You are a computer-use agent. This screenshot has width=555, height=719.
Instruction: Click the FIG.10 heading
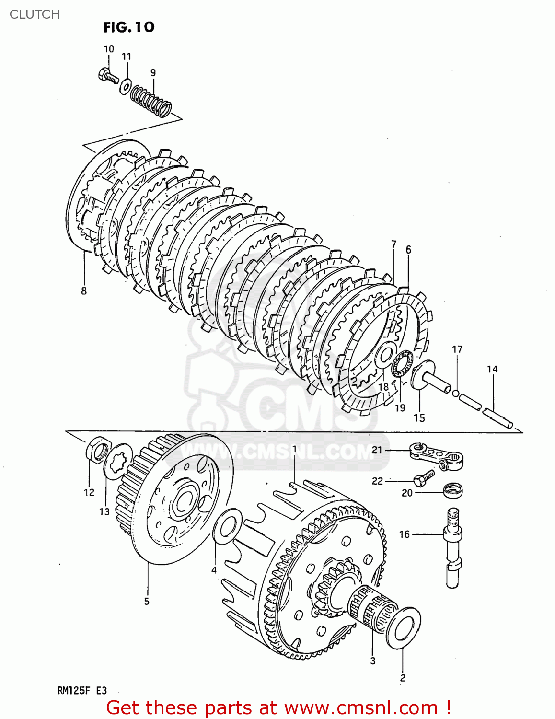(129, 27)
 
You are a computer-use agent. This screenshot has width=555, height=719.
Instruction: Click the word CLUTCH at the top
(35, 14)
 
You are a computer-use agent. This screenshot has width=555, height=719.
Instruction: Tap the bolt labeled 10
(108, 76)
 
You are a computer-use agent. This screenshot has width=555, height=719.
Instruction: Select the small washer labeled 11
(126, 85)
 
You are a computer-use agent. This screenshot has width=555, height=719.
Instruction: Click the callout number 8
(84, 291)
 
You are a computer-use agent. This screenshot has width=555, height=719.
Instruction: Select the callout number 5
(147, 601)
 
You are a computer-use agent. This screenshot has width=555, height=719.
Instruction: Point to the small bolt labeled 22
(424, 478)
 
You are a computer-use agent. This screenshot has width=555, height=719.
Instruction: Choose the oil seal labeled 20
(452, 490)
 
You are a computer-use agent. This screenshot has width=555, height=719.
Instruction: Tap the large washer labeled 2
(403, 628)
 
